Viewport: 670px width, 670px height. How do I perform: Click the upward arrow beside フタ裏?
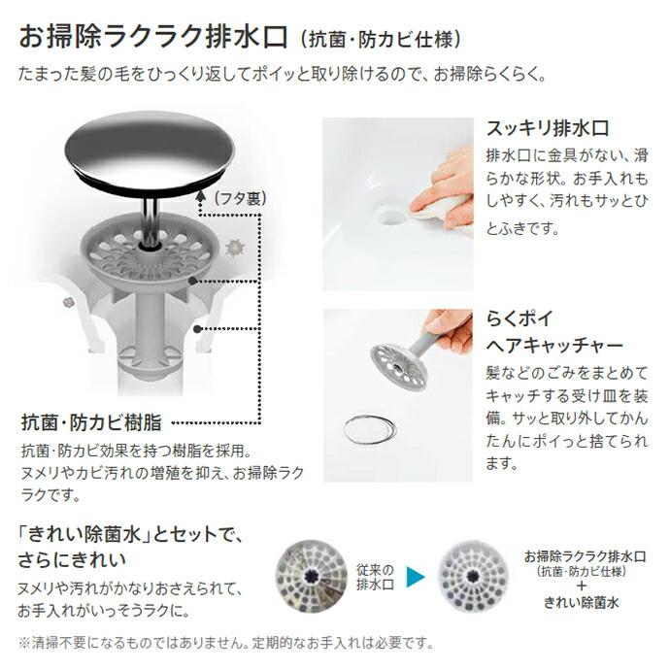(202, 197)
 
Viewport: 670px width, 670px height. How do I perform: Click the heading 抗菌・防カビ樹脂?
(91, 423)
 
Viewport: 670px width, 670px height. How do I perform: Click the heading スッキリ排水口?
(546, 128)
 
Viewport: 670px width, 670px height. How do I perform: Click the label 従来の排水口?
(373, 577)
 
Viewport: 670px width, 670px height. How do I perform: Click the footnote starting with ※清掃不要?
(224, 644)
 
